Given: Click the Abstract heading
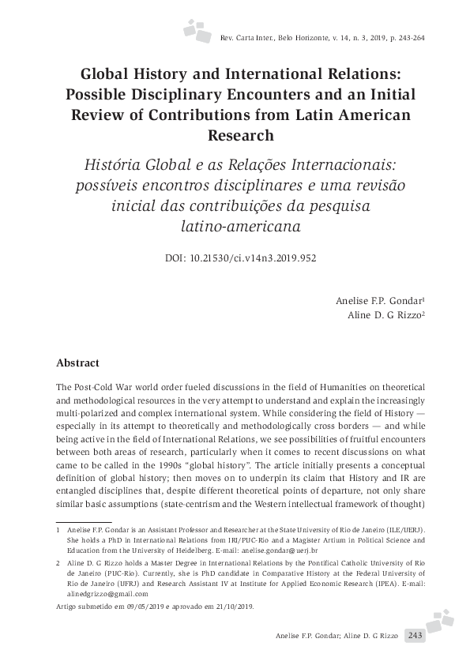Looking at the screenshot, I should (78, 363).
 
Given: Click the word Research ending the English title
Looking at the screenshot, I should (240, 135).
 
